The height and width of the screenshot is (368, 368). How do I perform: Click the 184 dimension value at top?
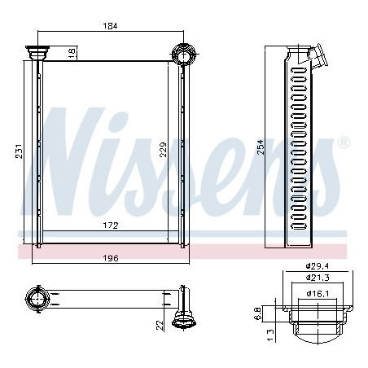[110, 26]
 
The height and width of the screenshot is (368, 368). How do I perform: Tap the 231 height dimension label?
[19, 151]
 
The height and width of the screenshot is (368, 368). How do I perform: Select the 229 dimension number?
[163, 150]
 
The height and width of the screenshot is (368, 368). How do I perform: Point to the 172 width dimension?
[111, 226]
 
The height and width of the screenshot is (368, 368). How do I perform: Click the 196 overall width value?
[111, 258]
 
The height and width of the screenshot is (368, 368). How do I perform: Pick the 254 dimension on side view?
[261, 147]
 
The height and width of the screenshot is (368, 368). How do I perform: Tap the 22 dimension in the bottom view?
[160, 326]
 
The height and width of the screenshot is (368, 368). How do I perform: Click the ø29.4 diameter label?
[318, 266]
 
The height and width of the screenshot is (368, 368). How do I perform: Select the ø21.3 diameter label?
[318, 278]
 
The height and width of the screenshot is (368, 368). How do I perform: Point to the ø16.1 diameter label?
[318, 293]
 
